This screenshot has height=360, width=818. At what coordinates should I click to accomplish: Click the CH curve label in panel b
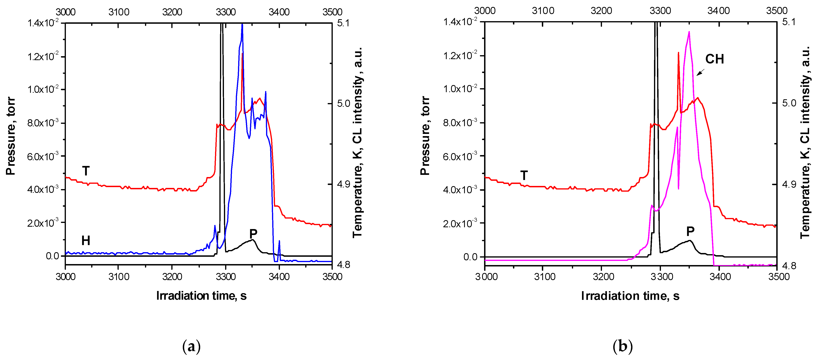coord(715,59)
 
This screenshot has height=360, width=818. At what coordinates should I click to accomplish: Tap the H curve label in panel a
coord(86,241)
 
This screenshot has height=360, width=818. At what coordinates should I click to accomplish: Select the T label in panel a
coord(86,171)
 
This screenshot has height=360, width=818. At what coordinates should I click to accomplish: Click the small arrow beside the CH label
coord(700,72)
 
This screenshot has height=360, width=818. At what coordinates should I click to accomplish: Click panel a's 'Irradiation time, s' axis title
coord(201,296)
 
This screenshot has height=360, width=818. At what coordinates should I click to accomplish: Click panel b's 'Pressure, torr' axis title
coord(425,136)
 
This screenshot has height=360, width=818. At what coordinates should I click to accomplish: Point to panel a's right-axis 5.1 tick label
coord(343,23)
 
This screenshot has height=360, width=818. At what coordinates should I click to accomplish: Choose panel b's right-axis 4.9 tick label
coord(789,184)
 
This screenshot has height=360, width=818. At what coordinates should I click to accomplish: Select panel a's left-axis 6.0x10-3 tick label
coord(43,156)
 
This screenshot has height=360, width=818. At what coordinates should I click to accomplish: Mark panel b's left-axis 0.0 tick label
coord(470,257)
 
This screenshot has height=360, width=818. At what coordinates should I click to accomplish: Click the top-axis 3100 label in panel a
coord(119,12)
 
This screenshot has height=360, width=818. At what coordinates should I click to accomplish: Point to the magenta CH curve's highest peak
coord(689,32)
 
